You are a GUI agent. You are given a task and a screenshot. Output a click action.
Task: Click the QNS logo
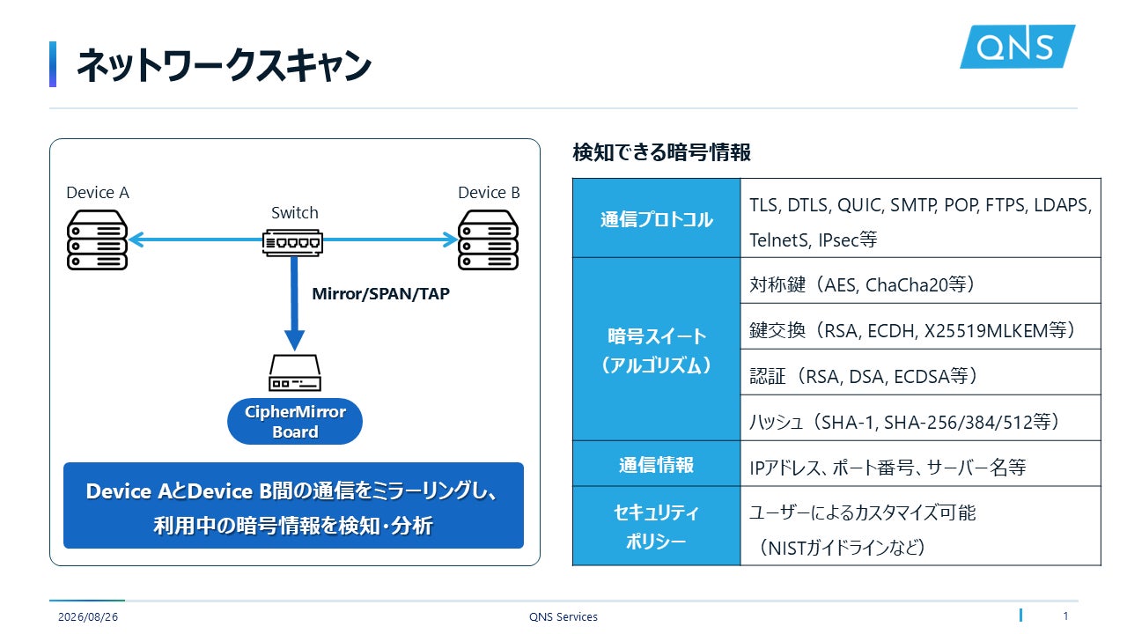[x=1017, y=47]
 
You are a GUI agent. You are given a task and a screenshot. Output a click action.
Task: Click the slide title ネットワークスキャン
[x=224, y=65]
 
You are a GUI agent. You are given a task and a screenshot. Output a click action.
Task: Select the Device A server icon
[x=97, y=240]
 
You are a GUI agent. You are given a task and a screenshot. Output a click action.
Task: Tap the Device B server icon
[x=488, y=240]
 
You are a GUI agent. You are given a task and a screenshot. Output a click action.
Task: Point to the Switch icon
[x=292, y=242]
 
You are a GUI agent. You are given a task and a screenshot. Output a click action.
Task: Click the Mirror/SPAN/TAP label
[x=381, y=293]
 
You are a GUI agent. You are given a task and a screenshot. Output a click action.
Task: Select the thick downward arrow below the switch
[x=294, y=304]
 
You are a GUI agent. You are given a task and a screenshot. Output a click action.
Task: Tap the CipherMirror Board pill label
[x=295, y=421]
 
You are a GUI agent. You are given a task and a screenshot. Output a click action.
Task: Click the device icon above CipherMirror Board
[x=295, y=372]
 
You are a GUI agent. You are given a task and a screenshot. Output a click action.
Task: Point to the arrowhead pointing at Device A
[x=136, y=240]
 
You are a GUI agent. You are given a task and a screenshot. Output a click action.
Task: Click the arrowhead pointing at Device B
[x=450, y=240]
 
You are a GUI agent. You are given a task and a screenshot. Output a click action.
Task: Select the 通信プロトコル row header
[x=657, y=218]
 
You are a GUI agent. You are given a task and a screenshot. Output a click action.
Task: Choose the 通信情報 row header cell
[x=657, y=464]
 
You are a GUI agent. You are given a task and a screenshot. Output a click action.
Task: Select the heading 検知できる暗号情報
[x=661, y=152]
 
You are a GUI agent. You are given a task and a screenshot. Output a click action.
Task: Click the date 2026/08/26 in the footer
[x=88, y=617]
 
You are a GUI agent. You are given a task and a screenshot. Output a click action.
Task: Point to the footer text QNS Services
[x=563, y=617]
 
